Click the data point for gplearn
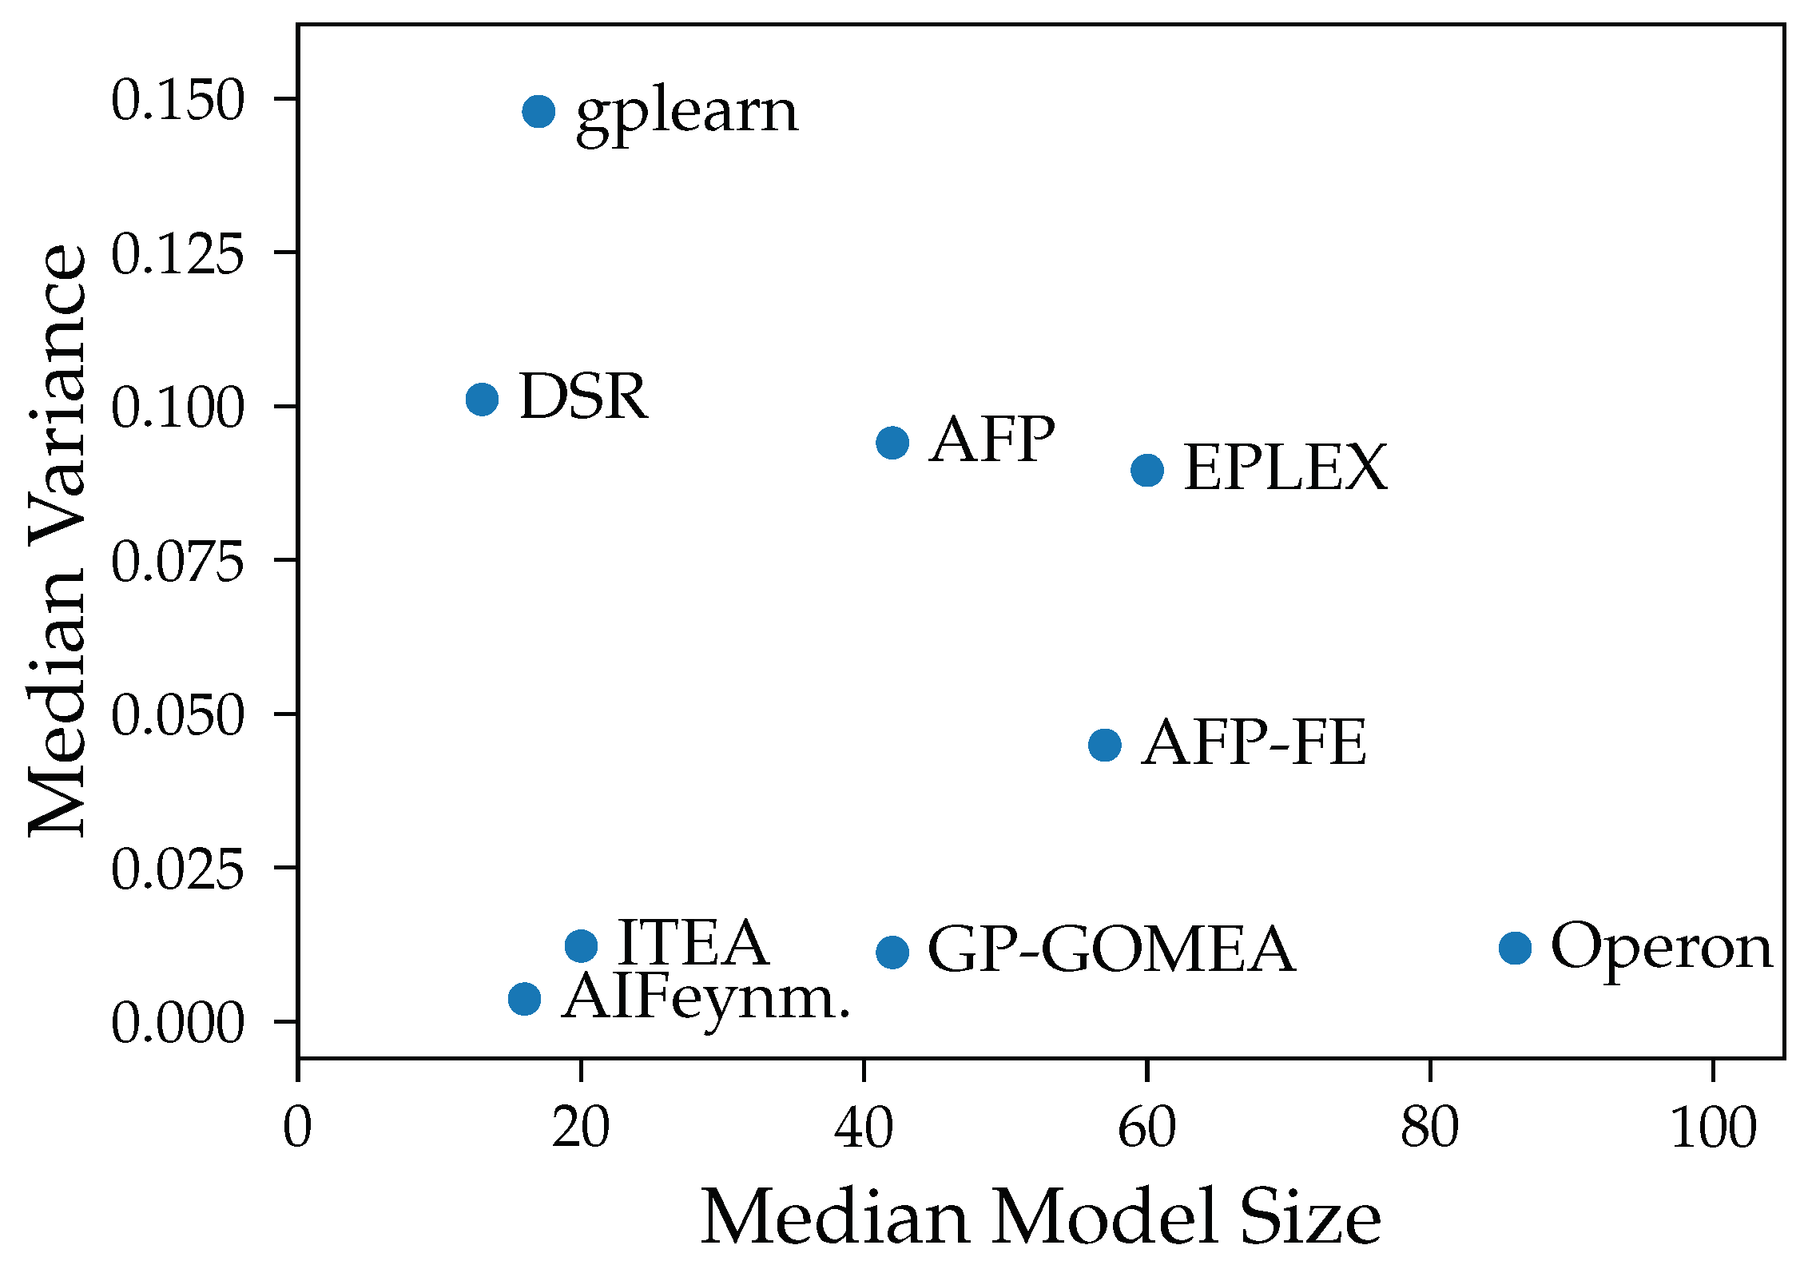point(538,111)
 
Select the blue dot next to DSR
point(482,399)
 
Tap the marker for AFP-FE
point(1104,745)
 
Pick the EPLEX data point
point(1146,470)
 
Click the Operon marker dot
point(1515,948)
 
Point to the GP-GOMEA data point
point(892,952)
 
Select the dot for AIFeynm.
point(524,998)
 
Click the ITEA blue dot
point(581,946)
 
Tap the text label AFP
point(991,440)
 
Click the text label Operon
point(1661,948)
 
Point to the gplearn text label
point(686,113)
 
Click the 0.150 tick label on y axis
point(177,101)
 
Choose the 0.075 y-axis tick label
point(177,562)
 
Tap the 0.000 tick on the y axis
point(177,1023)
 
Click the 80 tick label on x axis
point(1429,1128)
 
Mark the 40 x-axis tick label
point(864,1128)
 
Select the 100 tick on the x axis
point(1713,1128)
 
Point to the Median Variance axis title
point(58,540)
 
